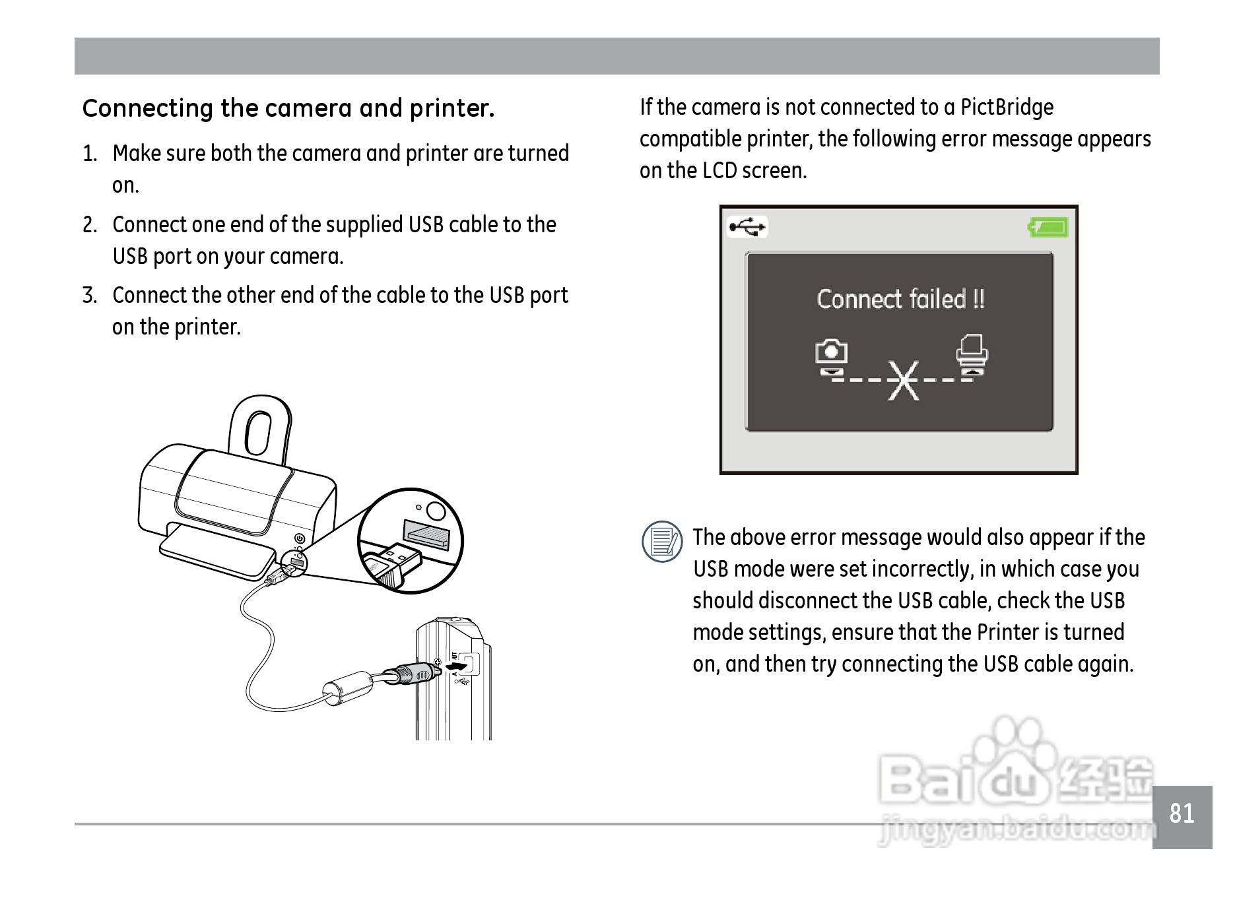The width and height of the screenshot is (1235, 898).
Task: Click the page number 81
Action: tap(1182, 814)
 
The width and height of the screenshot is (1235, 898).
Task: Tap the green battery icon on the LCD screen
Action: tap(1048, 228)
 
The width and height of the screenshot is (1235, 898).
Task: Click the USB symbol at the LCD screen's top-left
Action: tap(747, 228)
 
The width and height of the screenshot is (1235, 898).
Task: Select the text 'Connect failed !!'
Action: tap(900, 299)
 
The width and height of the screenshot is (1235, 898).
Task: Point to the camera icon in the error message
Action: tap(831, 352)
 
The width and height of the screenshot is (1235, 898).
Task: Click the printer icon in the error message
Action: tap(972, 349)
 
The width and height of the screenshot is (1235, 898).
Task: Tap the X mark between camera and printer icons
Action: tap(903, 381)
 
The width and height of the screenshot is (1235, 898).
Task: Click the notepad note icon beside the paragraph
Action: tap(662, 542)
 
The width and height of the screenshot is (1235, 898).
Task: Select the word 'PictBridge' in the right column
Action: tap(1007, 107)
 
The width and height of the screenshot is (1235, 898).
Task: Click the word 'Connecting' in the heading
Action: tap(148, 109)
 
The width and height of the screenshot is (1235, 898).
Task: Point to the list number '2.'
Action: tap(90, 225)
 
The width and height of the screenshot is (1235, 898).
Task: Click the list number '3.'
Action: tap(90, 296)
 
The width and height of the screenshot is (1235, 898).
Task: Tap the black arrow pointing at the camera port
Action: tap(457, 668)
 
